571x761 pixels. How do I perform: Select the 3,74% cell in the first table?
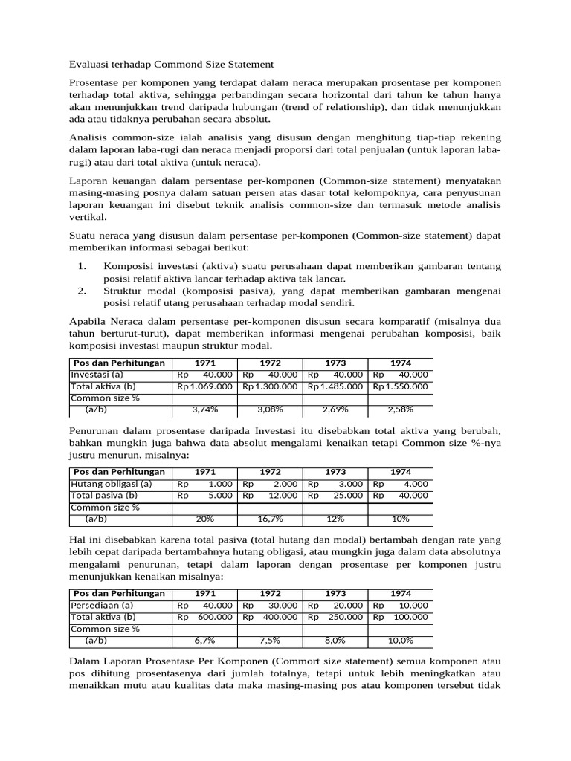click(204, 409)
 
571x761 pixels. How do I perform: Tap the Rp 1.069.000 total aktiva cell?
click(204, 386)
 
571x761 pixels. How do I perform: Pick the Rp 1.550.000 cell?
click(401, 386)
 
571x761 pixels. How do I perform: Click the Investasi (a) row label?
click(97, 375)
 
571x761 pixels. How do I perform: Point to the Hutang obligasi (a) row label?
click(111, 484)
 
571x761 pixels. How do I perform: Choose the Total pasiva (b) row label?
click(104, 495)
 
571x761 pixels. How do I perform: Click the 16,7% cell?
click(270, 518)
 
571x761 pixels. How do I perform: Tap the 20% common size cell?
click(204, 518)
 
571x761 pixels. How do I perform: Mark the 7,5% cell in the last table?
click(270, 640)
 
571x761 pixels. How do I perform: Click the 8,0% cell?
click(335, 640)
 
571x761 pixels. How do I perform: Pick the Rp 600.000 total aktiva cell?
click(204, 617)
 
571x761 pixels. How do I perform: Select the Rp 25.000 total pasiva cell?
click(335, 496)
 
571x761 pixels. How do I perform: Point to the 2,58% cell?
click(401, 409)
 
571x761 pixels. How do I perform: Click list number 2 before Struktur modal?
click(83, 291)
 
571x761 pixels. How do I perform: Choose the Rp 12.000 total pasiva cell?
click(270, 496)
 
